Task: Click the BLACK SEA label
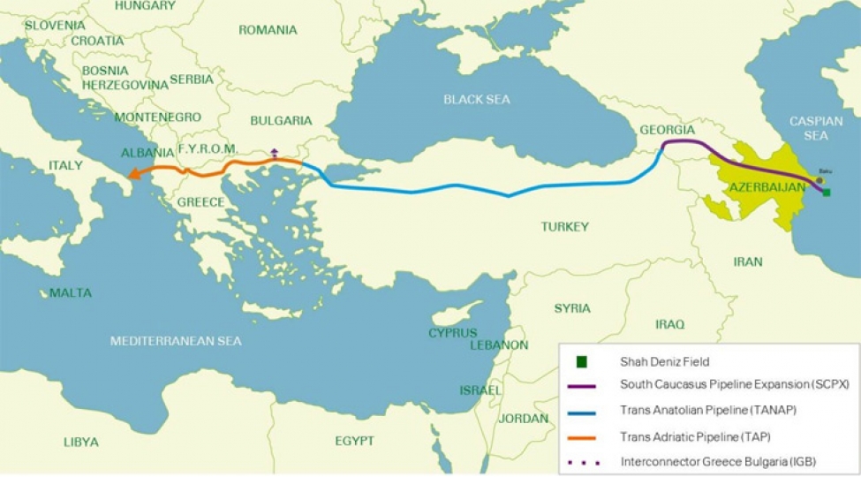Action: coord(477,100)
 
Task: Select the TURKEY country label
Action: coord(564,227)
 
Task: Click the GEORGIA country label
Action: coord(667,130)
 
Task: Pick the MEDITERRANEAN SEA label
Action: coord(176,340)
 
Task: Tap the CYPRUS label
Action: coord(452,333)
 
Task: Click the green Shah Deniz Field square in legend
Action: coord(582,361)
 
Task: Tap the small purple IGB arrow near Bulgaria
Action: coord(274,153)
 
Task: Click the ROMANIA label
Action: coord(268,30)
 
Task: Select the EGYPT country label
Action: coord(354,441)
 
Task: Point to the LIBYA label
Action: coord(80,442)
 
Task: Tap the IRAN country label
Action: coord(747,261)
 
